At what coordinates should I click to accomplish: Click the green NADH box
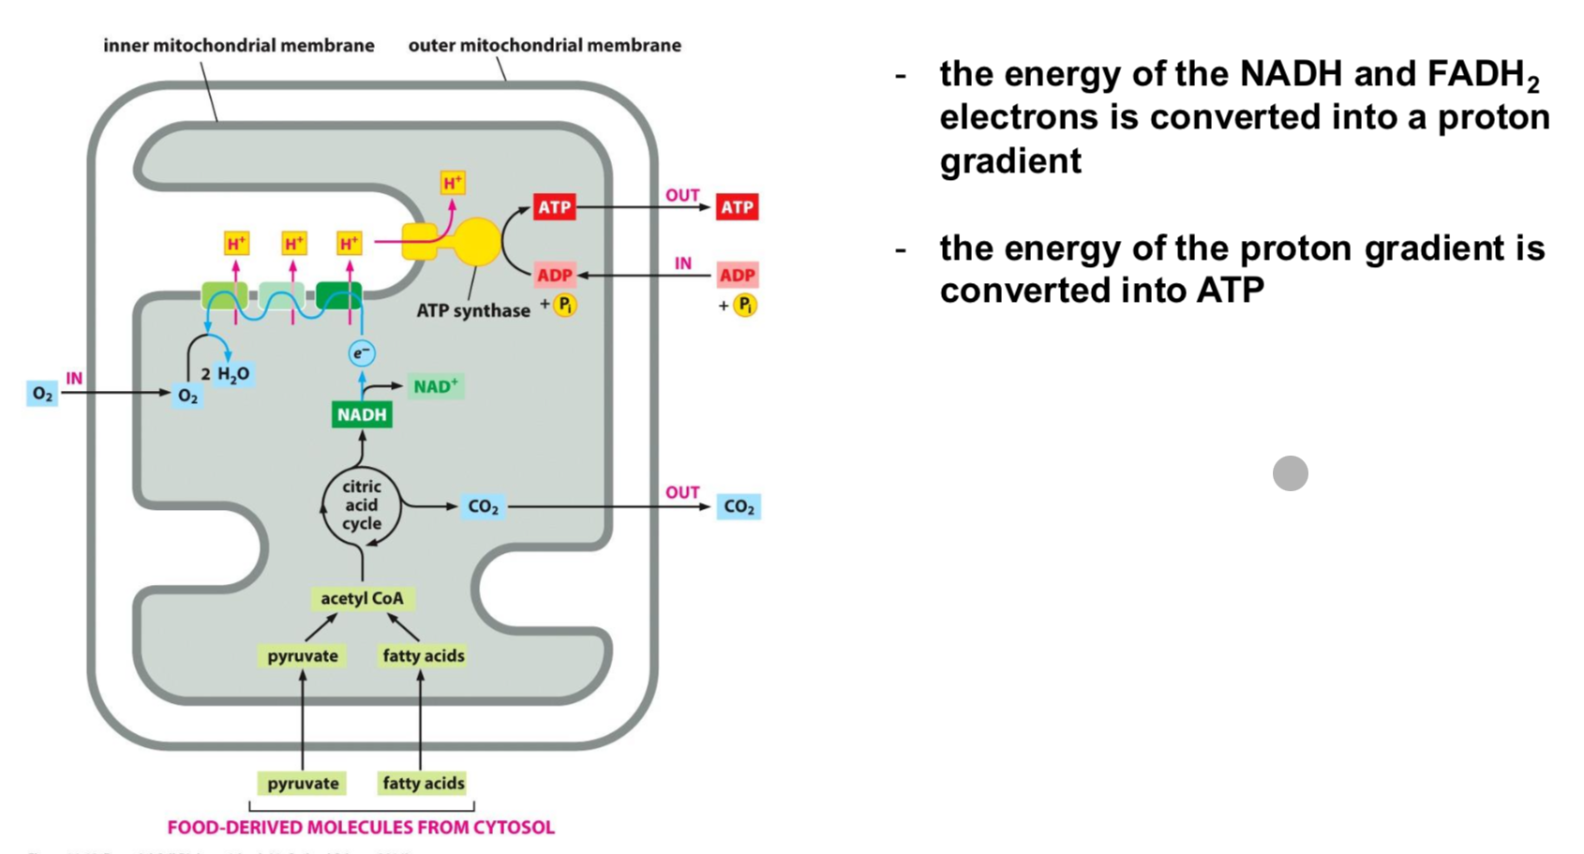tap(362, 414)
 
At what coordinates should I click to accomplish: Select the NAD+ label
tap(436, 386)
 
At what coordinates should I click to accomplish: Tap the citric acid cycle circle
tap(362, 505)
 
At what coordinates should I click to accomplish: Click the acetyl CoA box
tap(362, 598)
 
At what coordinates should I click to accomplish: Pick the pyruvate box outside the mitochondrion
tap(303, 783)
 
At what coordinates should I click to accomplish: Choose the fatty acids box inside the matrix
tap(423, 655)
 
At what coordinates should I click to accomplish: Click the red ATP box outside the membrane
tap(737, 207)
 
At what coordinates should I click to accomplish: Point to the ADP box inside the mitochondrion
tap(554, 275)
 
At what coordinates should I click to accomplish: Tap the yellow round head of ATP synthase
tap(477, 241)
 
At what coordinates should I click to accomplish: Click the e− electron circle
tap(362, 353)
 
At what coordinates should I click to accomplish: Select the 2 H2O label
tap(226, 374)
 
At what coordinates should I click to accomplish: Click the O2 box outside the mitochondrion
tap(42, 394)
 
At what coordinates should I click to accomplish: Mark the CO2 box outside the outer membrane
tap(739, 507)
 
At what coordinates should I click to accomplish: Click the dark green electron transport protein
tap(338, 296)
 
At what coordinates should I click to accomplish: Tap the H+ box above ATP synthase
tap(453, 183)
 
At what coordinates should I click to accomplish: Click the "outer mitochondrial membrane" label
tap(545, 45)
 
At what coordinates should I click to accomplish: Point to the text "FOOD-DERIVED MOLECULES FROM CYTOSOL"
tap(361, 828)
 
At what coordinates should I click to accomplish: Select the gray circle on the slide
tap(1290, 473)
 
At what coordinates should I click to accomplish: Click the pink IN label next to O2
tap(74, 378)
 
